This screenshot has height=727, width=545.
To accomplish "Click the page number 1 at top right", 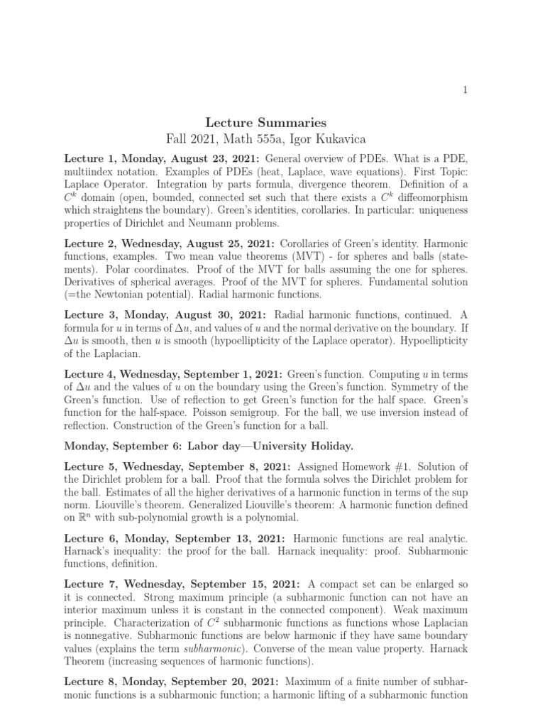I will coord(465,89).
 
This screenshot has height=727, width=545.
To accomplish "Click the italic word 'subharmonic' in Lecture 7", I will coord(204,649).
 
